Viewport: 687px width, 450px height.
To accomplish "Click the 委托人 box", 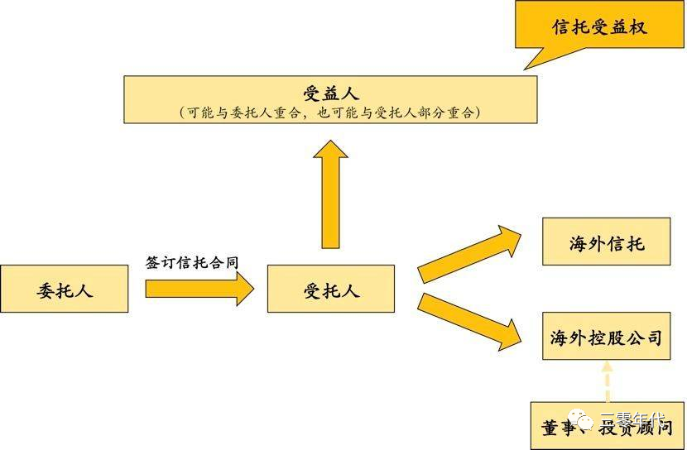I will click(x=65, y=290).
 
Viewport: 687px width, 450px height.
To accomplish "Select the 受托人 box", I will click(x=331, y=290).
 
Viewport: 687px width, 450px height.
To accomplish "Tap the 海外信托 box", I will click(x=607, y=243).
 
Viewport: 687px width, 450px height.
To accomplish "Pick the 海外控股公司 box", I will click(x=607, y=337).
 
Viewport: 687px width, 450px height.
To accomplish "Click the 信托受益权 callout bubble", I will click(x=599, y=27).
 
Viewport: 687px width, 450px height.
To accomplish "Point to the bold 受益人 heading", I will click(x=330, y=92).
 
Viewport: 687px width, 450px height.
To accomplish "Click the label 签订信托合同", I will click(x=192, y=262).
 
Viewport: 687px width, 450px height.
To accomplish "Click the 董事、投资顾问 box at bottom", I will click(x=607, y=425).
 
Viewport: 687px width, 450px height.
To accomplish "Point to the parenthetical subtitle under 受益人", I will click(x=330, y=112).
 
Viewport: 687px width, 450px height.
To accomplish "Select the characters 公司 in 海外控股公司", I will click(x=644, y=337).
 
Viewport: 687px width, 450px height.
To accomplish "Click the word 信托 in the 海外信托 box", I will click(x=626, y=243).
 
